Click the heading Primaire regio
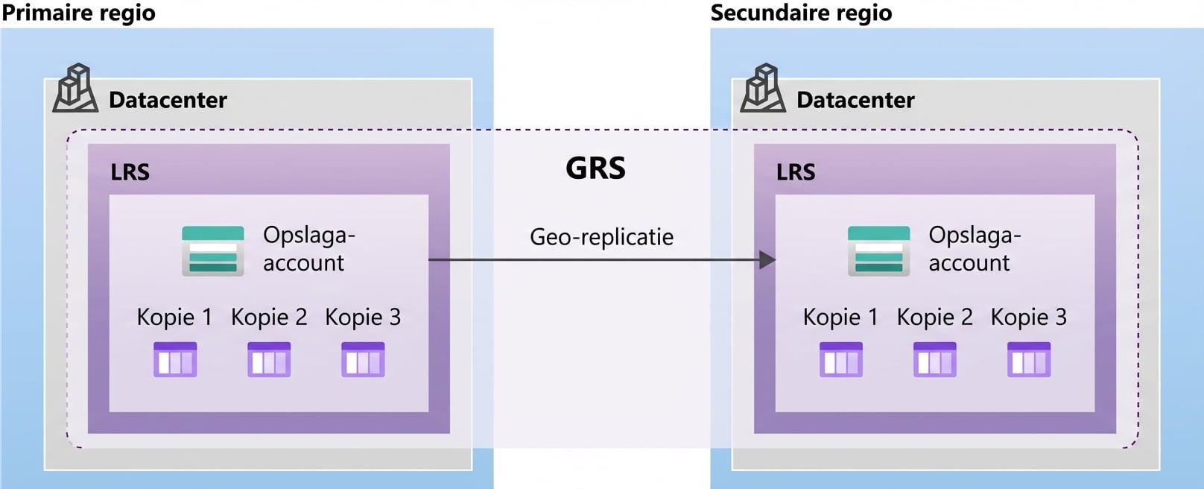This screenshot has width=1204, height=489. click(78, 13)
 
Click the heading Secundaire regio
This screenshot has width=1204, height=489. click(801, 13)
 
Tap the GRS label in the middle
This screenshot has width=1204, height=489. click(595, 168)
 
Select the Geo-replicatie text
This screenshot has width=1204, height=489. click(601, 237)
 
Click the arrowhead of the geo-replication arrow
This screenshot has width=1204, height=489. click(767, 260)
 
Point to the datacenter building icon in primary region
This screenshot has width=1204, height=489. click(75, 89)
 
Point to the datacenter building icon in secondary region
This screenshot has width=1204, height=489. click(762, 89)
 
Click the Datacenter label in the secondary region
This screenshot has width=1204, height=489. click(855, 100)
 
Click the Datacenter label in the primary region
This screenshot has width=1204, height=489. click(168, 100)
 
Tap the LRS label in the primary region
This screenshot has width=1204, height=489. click(130, 172)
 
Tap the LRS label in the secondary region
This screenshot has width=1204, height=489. click(796, 172)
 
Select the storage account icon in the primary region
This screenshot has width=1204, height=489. click(213, 251)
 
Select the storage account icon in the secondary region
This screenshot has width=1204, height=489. click(878, 251)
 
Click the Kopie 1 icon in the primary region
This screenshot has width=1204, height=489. click(175, 359)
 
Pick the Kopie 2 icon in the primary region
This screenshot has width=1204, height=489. click(269, 359)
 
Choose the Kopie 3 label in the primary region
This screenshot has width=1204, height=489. click(363, 318)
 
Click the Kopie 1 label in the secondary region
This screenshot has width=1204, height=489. click(840, 318)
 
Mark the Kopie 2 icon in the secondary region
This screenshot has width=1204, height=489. click(935, 359)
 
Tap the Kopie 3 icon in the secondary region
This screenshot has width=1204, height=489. click(1029, 359)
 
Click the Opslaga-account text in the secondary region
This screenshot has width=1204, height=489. click(974, 249)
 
